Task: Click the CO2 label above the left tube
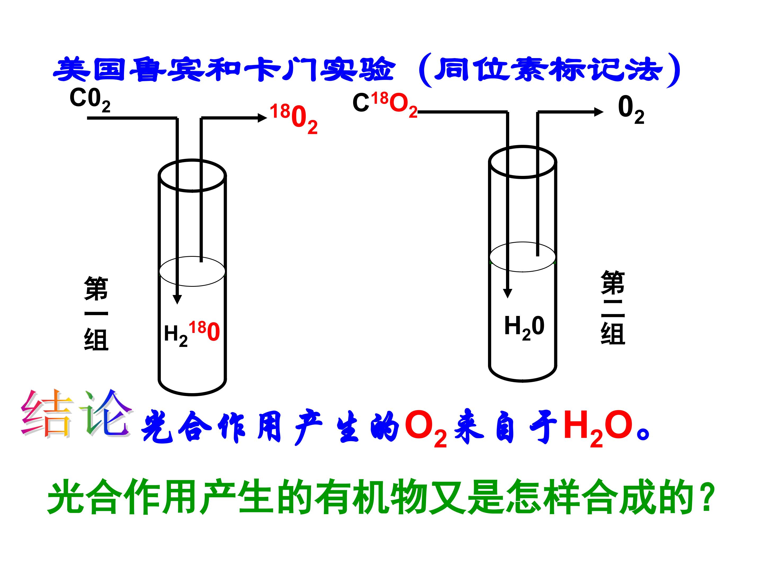point(90,100)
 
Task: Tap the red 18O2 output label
point(294,119)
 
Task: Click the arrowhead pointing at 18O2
point(263,118)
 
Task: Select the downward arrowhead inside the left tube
point(177,299)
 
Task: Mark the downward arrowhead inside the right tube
point(507,293)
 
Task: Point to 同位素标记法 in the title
point(548,70)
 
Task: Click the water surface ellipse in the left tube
point(192,271)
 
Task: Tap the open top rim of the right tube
point(523,162)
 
